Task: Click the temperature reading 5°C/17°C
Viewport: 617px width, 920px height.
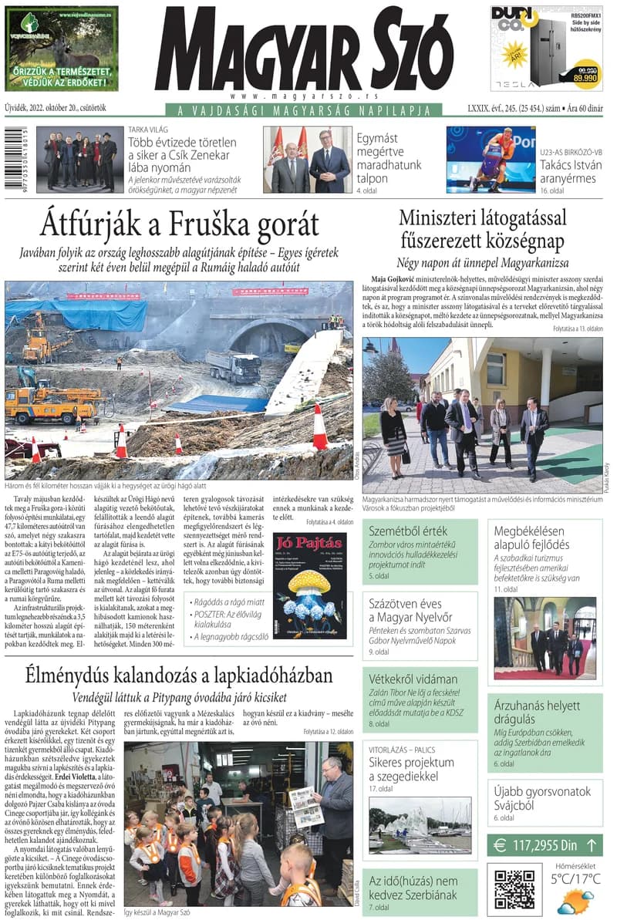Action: (575, 878)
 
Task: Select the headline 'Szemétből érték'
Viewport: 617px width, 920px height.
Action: (397, 531)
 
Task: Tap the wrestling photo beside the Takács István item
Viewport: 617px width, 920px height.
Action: (491, 159)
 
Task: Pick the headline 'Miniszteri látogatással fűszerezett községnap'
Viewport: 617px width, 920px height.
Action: (482, 228)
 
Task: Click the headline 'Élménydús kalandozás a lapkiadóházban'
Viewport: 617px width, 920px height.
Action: (179, 676)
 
